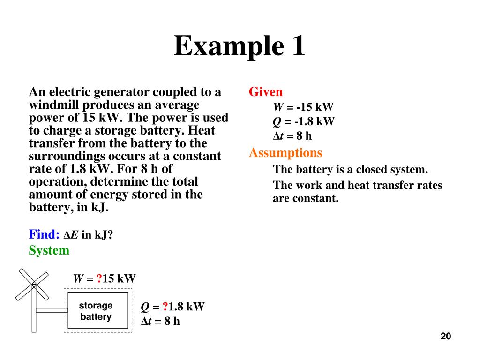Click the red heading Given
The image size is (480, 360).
pos(266,92)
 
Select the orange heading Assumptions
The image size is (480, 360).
pos(285,153)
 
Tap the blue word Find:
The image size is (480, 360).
pos(44,234)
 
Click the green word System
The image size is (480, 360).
pos(49,250)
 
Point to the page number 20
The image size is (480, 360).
pos(445,336)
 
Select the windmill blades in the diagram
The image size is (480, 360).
pos(32,284)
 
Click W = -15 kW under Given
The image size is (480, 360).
pos(303,107)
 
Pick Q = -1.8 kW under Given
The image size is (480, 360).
pos(304,122)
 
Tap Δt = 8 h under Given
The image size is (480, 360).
pos(292,136)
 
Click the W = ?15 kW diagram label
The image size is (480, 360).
pos(104,278)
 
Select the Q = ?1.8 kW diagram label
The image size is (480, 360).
pos(173,307)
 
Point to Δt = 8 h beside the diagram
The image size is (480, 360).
pos(160,322)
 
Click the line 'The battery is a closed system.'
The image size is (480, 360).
pos(351,170)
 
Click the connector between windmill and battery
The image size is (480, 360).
pos(52,310)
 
